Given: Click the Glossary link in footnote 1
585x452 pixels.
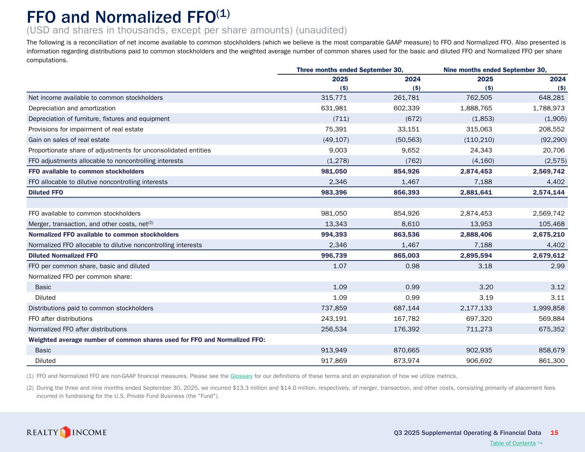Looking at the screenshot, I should (x=241, y=376).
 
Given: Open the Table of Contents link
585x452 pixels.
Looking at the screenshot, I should (x=513, y=443).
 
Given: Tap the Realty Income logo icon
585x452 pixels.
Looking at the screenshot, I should (x=65, y=432).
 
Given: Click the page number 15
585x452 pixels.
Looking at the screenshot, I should (x=554, y=433).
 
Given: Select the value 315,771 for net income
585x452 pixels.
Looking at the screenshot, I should (x=334, y=98).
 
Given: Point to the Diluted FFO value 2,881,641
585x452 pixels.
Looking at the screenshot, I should (x=476, y=192).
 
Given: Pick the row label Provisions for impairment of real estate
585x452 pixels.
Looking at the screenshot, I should (x=86, y=129).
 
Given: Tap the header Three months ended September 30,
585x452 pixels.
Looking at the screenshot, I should (x=350, y=70).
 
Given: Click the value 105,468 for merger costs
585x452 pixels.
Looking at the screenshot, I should (x=552, y=224).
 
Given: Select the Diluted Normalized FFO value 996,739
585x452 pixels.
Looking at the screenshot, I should (x=334, y=255).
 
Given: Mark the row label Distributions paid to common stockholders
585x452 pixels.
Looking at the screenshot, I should (x=91, y=308).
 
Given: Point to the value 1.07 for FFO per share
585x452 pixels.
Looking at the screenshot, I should (x=340, y=266).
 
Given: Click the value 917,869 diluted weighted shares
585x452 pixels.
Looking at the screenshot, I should (x=334, y=361).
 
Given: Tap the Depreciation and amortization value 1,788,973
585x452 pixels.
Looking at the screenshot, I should (x=548, y=108).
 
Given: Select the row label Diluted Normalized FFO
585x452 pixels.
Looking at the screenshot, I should (x=63, y=255).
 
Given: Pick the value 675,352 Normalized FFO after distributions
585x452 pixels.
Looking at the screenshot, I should (x=552, y=329).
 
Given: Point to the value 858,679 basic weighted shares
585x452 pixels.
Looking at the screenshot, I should (x=552, y=350).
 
